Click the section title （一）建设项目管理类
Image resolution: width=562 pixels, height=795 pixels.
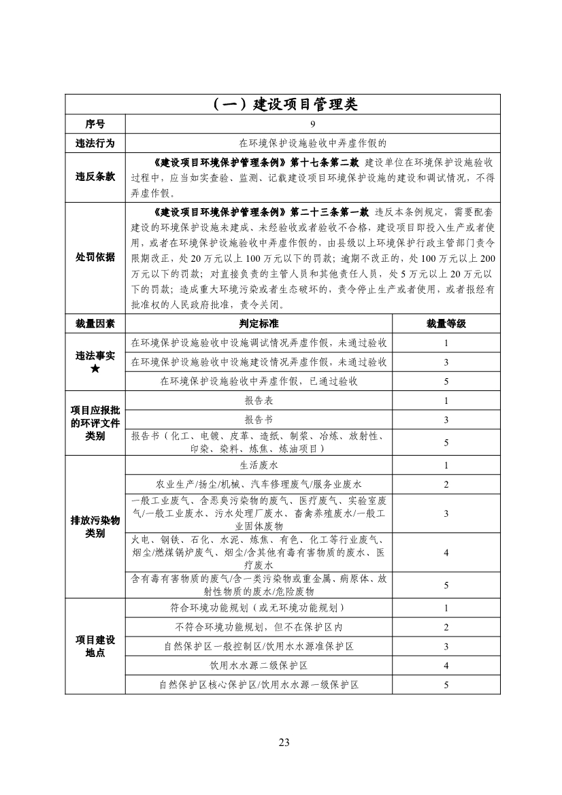tap(282, 104)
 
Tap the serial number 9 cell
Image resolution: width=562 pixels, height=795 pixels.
tap(312, 124)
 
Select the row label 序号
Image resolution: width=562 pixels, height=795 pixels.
tap(95, 124)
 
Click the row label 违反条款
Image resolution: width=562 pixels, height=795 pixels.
tap(95, 176)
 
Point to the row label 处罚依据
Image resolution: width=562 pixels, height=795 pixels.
tap(95, 258)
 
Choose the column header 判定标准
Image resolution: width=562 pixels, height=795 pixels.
tap(259, 323)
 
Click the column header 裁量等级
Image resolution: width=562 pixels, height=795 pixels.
tap(446, 323)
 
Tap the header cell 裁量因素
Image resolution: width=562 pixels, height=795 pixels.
tap(95, 323)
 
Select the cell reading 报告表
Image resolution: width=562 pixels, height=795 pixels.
tap(259, 401)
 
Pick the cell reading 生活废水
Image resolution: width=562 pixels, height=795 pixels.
tap(259, 466)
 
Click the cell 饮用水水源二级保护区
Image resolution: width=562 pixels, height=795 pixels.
tap(259, 665)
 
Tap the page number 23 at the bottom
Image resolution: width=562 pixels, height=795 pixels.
tap(284, 742)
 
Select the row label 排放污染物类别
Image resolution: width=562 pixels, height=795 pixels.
tap(95, 527)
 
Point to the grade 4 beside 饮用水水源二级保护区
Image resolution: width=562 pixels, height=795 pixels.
tap(446, 665)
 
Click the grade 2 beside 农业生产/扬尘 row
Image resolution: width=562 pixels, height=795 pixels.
tap(446, 485)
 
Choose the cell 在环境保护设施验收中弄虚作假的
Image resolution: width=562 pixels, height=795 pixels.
tap(312, 143)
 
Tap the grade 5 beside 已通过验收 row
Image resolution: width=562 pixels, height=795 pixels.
tap(446, 382)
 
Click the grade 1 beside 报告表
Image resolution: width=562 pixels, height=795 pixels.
tap(446, 401)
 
